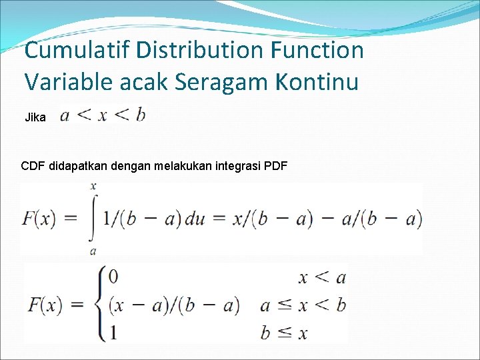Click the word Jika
[35, 118]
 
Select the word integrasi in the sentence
[239, 165]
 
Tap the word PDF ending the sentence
[276, 165]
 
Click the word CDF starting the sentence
[34, 165]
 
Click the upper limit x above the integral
[93, 186]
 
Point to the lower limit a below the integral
[93, 251]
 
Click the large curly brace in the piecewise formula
[101, 304]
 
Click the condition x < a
[323, 277]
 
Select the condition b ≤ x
[283, 333]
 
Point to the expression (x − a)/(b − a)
[173, 305]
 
